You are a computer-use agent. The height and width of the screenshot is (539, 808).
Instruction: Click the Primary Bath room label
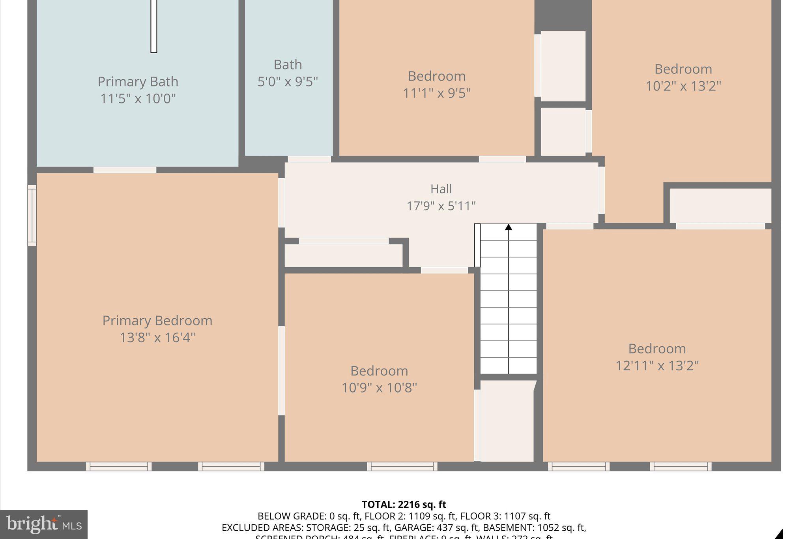coord(138,82)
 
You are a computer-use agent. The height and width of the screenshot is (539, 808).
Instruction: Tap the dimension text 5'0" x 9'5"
coord(288,82)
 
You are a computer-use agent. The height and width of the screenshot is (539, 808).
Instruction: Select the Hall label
coord(441,189)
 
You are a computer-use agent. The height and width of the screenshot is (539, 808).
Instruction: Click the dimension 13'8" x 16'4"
coord(157,338)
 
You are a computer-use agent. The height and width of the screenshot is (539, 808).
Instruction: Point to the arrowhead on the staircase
coord(509,227)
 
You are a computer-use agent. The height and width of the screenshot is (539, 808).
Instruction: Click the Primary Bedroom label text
coord(157,320)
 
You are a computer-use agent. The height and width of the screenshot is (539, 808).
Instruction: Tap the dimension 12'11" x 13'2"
coord(657,366)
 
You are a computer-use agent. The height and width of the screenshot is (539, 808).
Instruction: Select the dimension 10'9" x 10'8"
coord(379,388)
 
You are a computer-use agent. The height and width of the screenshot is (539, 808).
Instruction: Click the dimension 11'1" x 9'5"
coord(436,93)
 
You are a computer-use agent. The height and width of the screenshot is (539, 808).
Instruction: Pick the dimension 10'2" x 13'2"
coord(683,86)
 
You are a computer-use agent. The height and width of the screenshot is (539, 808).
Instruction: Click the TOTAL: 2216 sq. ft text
coord(404,505)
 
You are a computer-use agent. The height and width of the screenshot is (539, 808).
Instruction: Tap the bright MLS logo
coord(43,524)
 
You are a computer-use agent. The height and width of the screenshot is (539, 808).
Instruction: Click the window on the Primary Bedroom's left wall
coord(32,216)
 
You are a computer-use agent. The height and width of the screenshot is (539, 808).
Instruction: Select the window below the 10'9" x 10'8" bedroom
coord(402,466)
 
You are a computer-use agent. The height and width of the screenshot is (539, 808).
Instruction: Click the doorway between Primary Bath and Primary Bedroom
coord(125,170)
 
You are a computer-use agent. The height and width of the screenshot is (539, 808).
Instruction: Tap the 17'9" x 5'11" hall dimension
coord(441,206)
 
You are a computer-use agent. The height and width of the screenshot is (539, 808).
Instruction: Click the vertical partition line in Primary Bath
coord(154,26)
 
